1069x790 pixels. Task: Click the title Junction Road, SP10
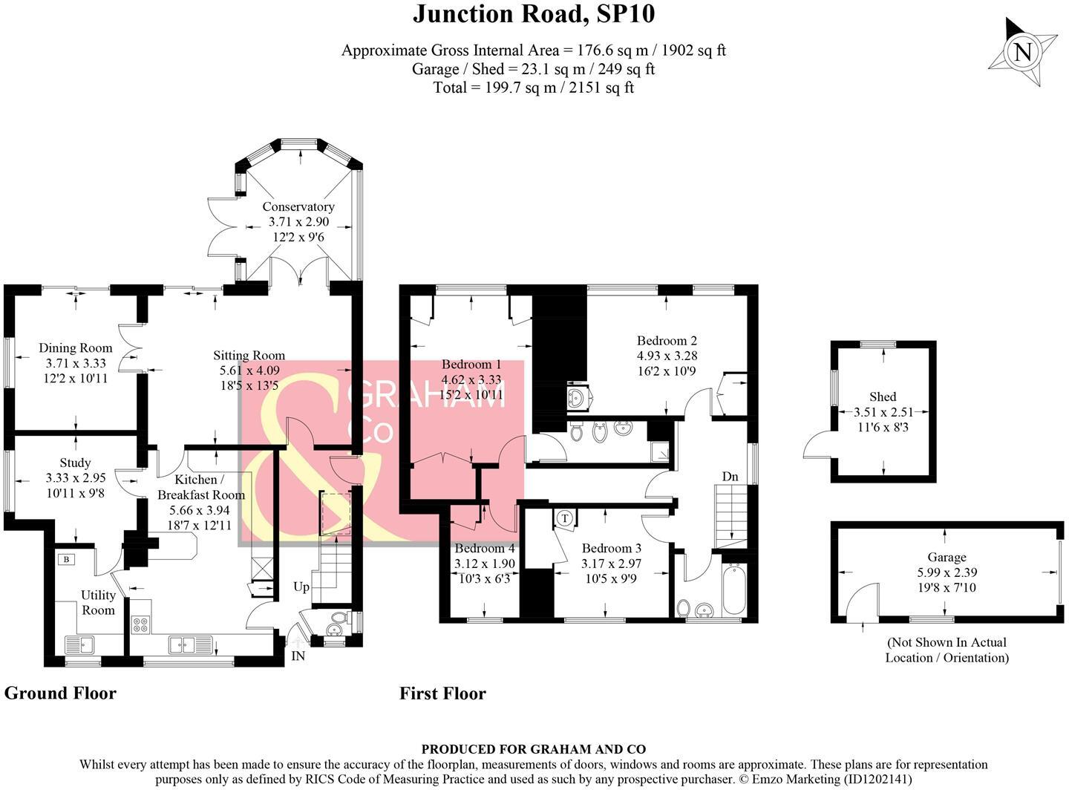[x=533, y=14]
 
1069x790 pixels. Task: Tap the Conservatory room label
[x=298, y=206]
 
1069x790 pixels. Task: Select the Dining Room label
[x=76, y=347]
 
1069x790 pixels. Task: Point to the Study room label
[x=76, y=463]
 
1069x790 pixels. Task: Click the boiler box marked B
[x=66, y=559]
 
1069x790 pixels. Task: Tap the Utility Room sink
[x=79, y=643]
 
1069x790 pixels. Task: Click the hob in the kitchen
[x=140, y=624]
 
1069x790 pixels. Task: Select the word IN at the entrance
[x=298, y=656]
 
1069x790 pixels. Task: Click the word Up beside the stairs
[x=301, y=587]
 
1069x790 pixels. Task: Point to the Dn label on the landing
[x=730, y=476]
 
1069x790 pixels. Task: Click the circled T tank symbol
[x=565, y=518]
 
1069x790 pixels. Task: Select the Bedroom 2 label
[x=667, y=341]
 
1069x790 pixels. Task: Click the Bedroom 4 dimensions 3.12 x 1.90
[x=485, y=563]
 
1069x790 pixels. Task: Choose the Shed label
[x=883, y=396]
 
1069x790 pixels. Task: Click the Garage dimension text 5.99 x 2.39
[x=947, y=572]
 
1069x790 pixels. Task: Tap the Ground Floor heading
[x=60, y=693]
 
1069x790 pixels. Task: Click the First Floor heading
[x=442, y=693]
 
